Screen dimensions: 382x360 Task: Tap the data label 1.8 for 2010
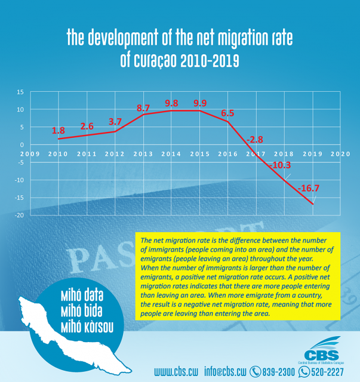[59, 130]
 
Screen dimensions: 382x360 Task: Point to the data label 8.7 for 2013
[143, 108]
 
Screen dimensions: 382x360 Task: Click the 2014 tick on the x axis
[171, 153]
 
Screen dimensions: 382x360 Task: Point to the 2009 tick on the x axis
[30, 153]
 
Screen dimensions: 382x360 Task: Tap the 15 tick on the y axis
[20, 92]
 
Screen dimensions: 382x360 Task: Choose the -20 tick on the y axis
[19, 215]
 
